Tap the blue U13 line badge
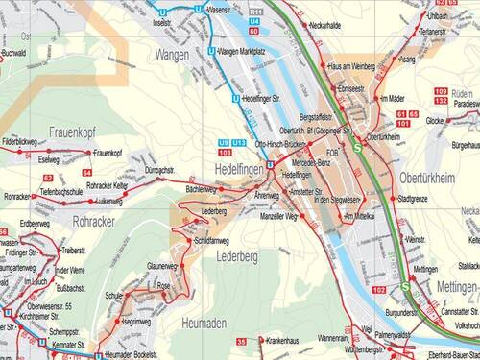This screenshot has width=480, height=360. click(240, 142)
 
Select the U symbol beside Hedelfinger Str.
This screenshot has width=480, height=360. click(236, 98)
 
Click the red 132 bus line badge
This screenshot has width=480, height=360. click(440, 100)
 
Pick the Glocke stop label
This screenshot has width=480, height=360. click(433, 121)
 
